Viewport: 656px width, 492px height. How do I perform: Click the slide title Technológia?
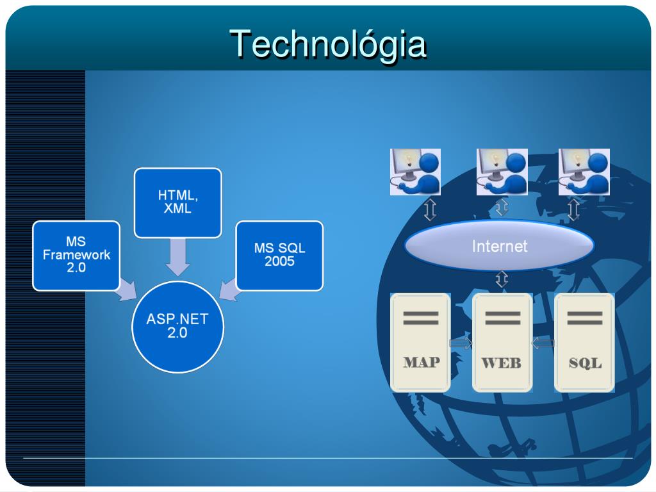[x=328, y=44]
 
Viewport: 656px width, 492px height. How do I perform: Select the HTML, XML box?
[x=177, y=202]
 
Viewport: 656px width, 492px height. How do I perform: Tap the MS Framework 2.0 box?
[x=76, y=255]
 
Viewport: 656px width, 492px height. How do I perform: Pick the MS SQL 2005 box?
[x=279, y=255]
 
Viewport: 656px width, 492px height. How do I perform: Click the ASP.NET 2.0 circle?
[x=177, y=327]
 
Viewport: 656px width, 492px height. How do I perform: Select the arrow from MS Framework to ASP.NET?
[x=127, y=292]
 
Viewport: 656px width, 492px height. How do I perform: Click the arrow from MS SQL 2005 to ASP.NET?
[x=228, y=291]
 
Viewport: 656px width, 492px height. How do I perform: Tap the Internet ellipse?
[x=499, y=246]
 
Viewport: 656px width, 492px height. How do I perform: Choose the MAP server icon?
[x=421, y=342]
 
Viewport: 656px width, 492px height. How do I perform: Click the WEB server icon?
[x=502, y=342]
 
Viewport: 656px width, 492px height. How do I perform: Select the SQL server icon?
[x=584, y=342]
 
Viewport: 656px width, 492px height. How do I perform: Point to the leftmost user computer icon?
[x=415, y=172]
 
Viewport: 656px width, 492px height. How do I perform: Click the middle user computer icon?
[x=502, y=172]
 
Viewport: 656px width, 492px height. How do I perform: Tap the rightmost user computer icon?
[x=584, y=172]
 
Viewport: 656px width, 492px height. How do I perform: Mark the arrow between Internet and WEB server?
[x=502, y=279]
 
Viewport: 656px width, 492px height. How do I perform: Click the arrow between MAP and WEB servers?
[x=461, y=344]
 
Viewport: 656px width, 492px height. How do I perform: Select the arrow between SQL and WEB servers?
[x=543, y=344]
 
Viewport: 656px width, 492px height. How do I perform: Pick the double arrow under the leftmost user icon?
[x=430, y=209]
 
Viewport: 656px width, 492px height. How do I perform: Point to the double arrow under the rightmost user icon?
[x=573, y=209]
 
